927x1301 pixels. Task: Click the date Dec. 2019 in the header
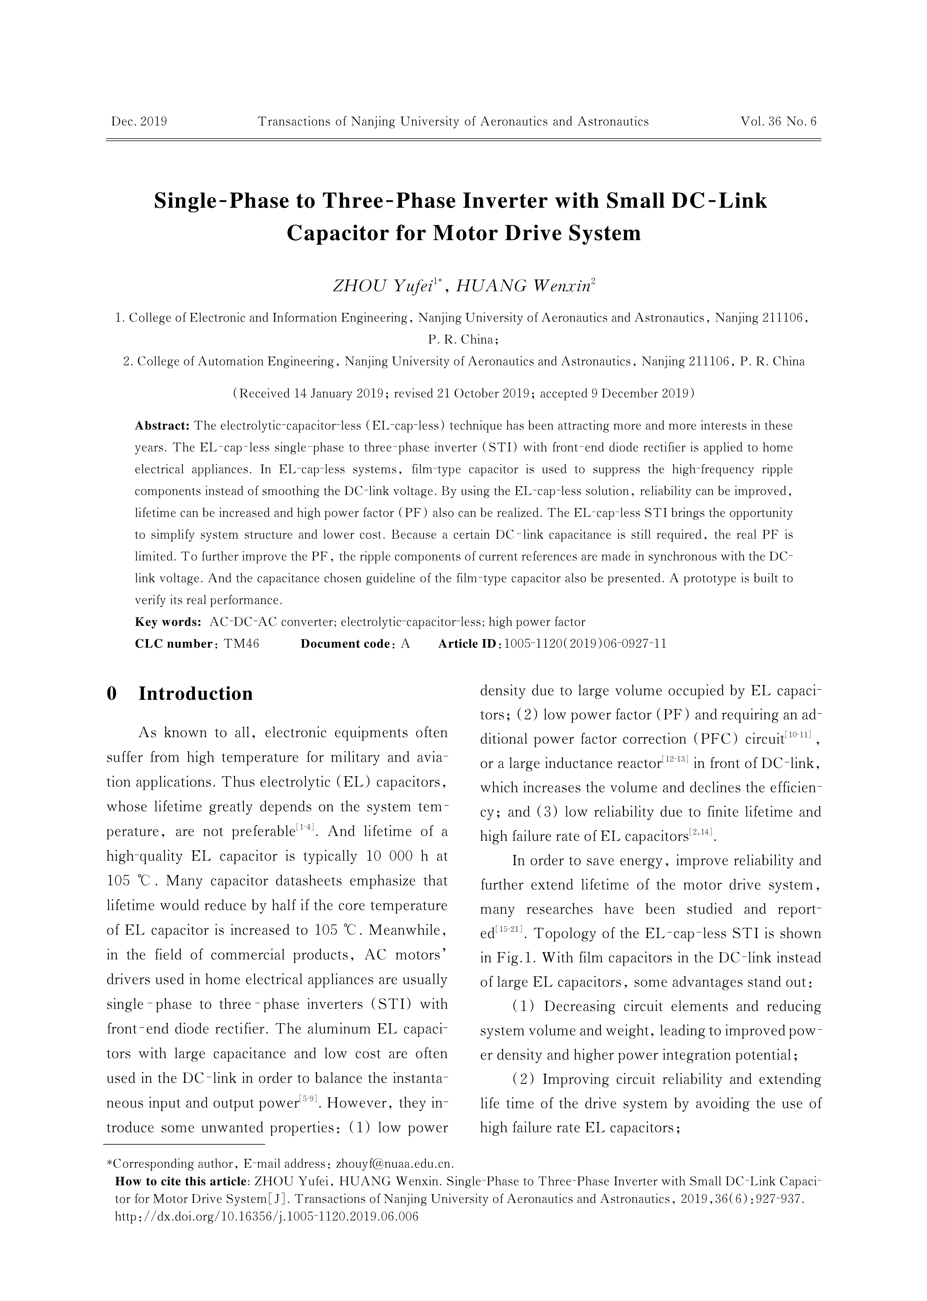[x=139, y=121]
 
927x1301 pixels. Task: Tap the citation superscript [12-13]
[x=675, y=759]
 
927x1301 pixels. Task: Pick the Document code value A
[x=405, y=644]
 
